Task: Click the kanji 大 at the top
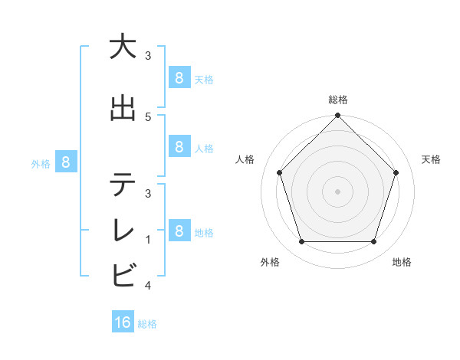[x=123, y=47]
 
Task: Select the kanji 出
[x=123, y=108]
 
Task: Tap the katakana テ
[x=123, y=185]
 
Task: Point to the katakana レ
[x=123, y=231]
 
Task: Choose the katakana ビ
[x=123, y=274]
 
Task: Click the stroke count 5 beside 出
[x=148, y=116]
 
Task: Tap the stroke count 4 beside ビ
[x=148, y=286]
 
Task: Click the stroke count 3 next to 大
[x=148, y=56]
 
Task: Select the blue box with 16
[x=123, y=322]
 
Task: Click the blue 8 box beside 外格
[x=66, y=162]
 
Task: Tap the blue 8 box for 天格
[x=179, y=77]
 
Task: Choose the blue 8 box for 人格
[x=179, y=146]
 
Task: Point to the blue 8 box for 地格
[x=179, y=230]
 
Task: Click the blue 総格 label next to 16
[x=147, y=324]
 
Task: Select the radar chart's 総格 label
[x=337, y=100]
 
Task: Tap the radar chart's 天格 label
[x=432, y=159]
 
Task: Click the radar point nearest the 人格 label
[x=279, y=172]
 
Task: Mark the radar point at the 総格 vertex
[x=337, y=116]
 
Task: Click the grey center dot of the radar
[x=337, y=191]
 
